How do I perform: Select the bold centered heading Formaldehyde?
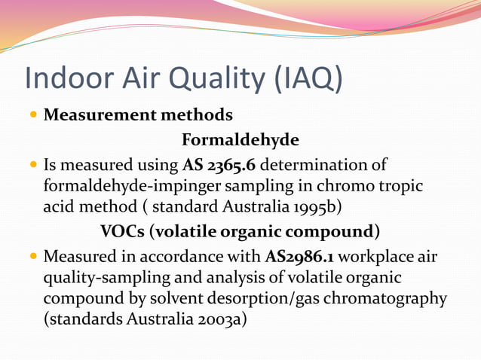240,140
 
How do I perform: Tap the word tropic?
397,185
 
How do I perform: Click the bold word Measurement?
98,116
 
